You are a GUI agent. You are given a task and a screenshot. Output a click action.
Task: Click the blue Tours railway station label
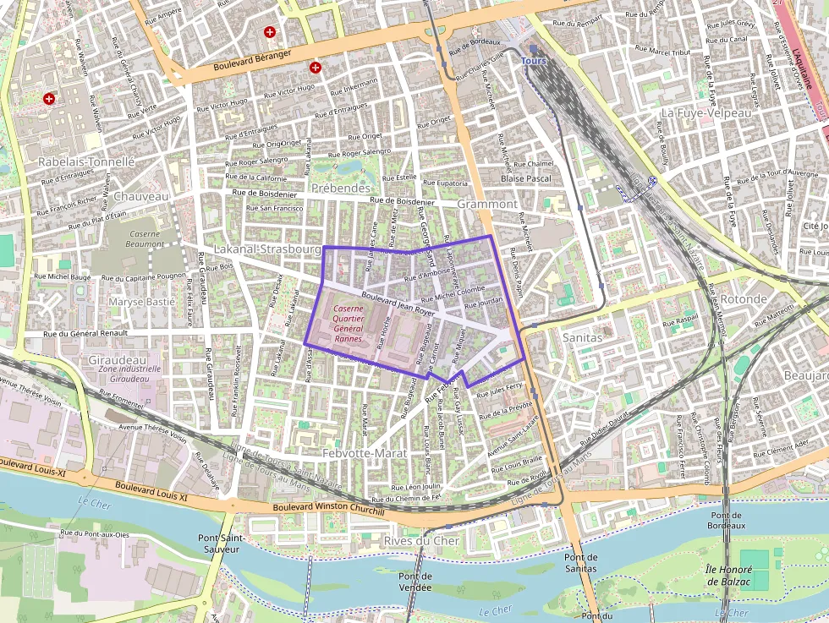coord(534,61)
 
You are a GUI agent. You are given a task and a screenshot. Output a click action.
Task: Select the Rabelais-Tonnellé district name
coord(86,161)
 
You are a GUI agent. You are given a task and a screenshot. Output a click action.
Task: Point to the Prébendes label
coord(341,188)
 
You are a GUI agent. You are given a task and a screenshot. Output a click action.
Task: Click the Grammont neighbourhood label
coord(487,205)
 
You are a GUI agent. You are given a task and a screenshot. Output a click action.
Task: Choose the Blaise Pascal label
coord(526,178)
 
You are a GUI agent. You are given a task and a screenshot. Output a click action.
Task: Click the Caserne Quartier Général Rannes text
coord(348,324)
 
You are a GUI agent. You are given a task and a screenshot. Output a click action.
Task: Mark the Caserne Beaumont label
coord(145,238)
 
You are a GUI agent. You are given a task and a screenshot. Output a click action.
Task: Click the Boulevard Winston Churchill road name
coord(329,510)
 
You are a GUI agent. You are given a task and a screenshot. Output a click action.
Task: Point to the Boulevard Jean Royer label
coord(397,304)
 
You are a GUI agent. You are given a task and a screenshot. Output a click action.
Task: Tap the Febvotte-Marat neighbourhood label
coord(365,453)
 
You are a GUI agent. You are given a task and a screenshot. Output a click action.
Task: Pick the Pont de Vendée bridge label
coord(414,582)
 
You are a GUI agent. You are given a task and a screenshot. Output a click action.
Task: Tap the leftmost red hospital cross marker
coord(49,99)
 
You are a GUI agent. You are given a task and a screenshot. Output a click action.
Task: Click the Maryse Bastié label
coord(141,302)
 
